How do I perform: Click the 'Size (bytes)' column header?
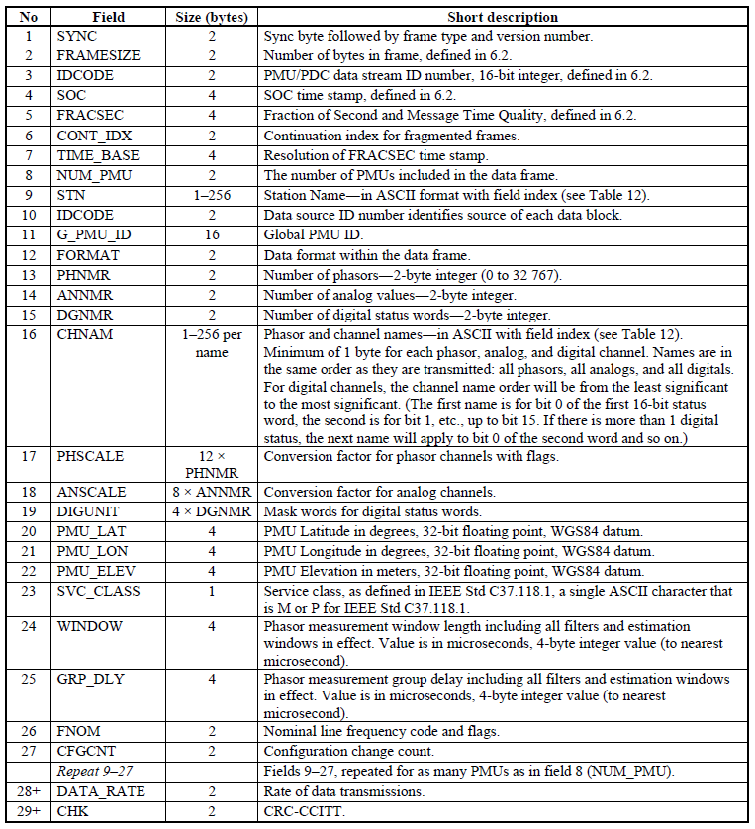(211, 17)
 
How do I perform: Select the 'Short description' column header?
(502, 17)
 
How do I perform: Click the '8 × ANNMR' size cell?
(211, 491)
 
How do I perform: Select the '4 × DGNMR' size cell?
(211, 510)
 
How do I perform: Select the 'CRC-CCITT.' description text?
(298, 811)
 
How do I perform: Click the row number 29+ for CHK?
(28, 811)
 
